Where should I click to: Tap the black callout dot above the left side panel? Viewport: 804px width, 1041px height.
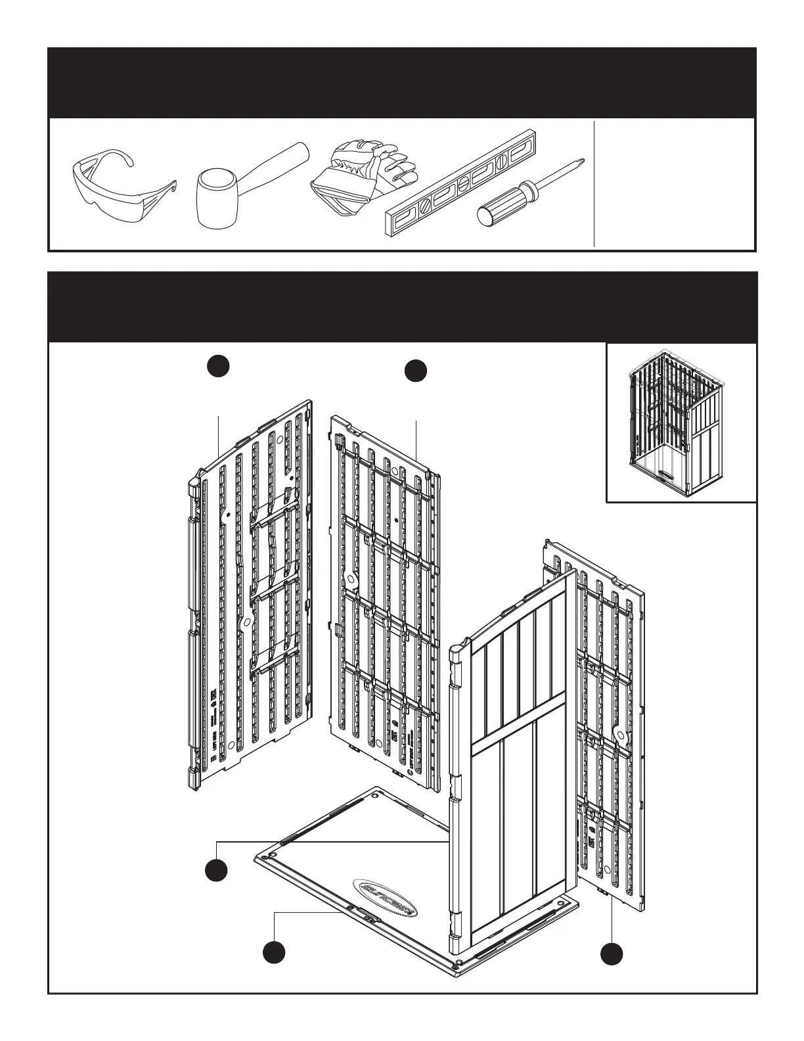[x=219, y=367]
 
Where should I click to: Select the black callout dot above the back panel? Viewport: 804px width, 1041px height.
[x=416, y=371]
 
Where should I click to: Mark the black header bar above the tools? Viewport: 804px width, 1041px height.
[x=402, y=83]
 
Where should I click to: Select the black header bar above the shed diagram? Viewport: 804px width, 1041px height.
[x=402, y=307]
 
